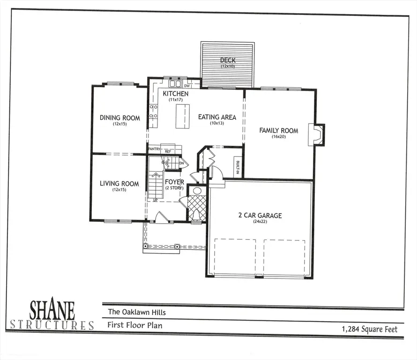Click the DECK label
228,60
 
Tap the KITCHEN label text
175,94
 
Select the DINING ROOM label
120,118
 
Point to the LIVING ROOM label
119,184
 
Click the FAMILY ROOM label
279,130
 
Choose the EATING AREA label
217,117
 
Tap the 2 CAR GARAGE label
260,216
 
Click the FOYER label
174,182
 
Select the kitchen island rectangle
183,116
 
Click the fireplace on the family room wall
318,135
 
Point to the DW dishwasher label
186,86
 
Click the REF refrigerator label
168,151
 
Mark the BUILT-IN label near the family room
238,166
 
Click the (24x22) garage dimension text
260,222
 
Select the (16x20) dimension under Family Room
279,137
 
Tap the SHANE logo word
52,310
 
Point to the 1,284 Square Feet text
370,329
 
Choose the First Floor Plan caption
135,324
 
